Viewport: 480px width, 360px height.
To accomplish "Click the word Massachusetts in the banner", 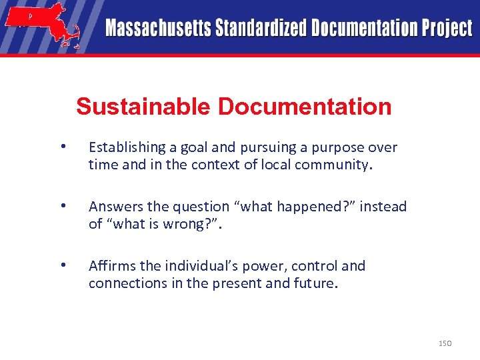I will pyautogui.click(x=157, y=28).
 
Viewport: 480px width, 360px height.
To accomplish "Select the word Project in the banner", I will pyautogui.click(x=445, y=28).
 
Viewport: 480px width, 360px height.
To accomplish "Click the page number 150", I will pyautogui.click(x=445, y=343).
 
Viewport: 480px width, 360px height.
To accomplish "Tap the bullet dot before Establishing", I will pyautogui.click(x=62, y=147).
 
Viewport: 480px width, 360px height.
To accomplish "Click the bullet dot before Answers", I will pyautogui.click(x=62, y=206).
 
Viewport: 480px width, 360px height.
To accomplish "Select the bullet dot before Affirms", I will pyautogui.click(x=62, y=265).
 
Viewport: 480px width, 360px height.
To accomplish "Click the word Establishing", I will pyautogui.click(x=127, y=147).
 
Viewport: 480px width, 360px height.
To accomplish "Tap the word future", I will pyautogui.click(x=315, y=283).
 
